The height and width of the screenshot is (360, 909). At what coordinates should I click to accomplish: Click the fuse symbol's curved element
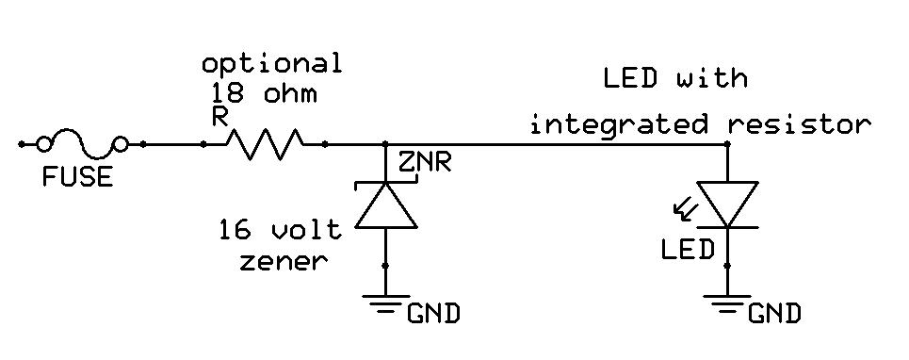coord(82,144)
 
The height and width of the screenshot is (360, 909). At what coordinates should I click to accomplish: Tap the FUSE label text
coord(77,176)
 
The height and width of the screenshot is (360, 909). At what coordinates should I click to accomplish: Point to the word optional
coord(271,64)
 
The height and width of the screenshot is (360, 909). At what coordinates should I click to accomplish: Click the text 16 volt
coord(273,229)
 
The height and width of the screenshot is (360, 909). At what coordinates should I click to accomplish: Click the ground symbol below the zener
coord(385,302)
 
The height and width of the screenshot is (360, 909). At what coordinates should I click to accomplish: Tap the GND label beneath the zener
coord(433,313)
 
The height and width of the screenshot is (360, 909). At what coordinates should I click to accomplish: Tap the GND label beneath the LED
coord(774,313)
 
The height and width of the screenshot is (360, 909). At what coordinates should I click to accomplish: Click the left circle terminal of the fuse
coord(43,144)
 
